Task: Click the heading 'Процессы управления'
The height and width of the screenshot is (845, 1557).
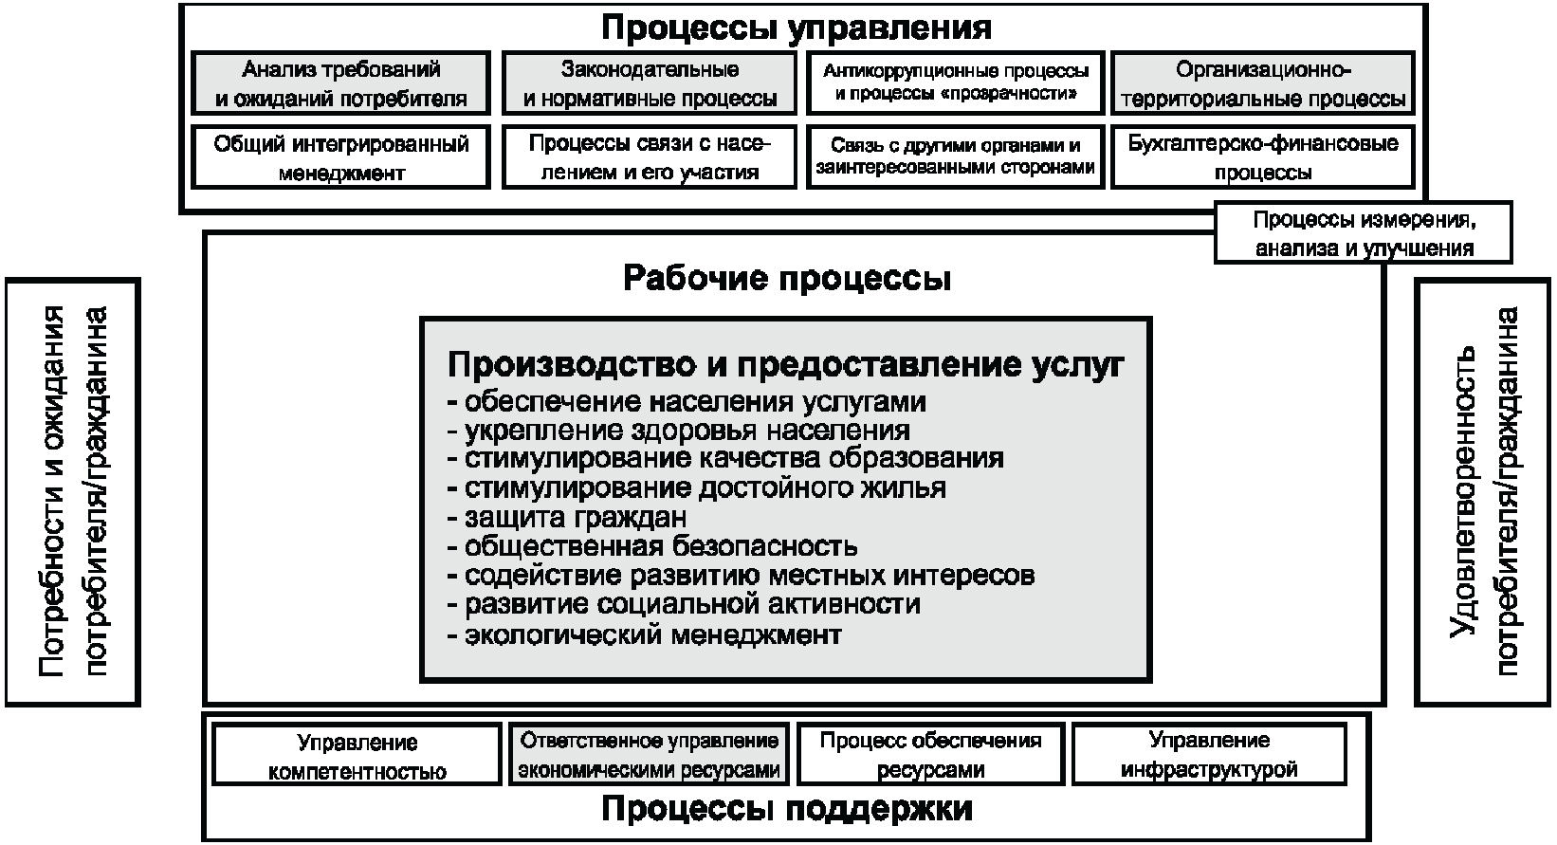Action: [796, 27]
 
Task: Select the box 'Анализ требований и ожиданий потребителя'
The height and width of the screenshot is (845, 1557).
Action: [341, 83]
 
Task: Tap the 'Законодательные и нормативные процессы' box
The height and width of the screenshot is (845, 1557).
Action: [650, 83]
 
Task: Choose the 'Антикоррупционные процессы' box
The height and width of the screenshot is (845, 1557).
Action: [956, 83]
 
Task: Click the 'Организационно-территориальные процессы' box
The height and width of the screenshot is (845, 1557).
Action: [1262, 83]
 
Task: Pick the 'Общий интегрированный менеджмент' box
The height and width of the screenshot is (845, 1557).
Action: [341, 157]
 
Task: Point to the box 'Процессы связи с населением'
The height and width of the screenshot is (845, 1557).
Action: [650, 157]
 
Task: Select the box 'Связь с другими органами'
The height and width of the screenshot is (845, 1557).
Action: [956, 157]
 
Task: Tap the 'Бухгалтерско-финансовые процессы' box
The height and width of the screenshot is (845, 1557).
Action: [1262, 157]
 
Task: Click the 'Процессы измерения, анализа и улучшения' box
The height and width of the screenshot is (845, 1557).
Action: [1364, 233]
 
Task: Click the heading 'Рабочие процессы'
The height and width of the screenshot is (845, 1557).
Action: [787, 279]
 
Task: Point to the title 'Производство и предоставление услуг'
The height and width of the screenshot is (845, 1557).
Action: [785, 364]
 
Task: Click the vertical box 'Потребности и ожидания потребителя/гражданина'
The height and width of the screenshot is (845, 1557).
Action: [73, 491]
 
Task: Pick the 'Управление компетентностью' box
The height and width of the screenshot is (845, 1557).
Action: [357, 755]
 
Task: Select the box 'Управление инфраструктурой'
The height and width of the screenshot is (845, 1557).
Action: [1209, 755]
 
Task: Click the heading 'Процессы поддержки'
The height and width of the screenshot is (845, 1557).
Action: [787, 810]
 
